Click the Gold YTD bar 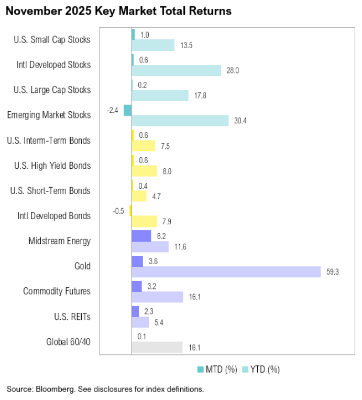(x=226, y=272)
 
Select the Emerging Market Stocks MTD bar (x=127, y=110)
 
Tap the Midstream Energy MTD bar (x=141, y=236)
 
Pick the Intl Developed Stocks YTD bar (x=176, y=70)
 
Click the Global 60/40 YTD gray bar (x=157, y=347)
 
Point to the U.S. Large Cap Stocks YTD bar (x=160, y=95)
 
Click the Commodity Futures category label (x=57, y=291)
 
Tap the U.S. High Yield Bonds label (x=52, y=166)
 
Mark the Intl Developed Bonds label (x=54, y=216)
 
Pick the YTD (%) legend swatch (x=245, y=370)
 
